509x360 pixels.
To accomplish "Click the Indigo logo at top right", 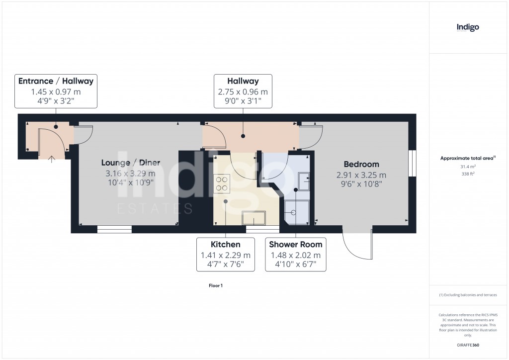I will click(468, 28).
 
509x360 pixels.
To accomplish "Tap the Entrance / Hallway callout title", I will click(56, 81).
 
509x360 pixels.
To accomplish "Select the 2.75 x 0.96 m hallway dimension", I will click(243, 92).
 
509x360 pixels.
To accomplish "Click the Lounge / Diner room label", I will click(131, 163).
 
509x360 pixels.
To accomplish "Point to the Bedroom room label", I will click(361, 164).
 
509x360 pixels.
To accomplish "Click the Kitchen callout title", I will click(226, 244).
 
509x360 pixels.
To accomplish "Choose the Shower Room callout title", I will click(296, 244).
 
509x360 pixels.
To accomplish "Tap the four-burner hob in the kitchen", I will click(222, 183).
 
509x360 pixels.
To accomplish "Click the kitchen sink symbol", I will click(254, 218).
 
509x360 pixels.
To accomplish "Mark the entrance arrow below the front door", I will click(52, 159).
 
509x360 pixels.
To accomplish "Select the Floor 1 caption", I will click(216, 286).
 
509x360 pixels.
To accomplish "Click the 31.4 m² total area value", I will click(467, 167).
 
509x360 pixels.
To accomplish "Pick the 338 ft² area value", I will click(467, 174).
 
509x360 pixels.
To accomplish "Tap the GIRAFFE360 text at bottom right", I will click(468, 345).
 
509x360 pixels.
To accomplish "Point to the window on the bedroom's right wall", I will click(412, 163).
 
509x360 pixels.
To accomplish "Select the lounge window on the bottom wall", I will click(114, 230).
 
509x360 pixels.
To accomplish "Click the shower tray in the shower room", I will click(297, 212).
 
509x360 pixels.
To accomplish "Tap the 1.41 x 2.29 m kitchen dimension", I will click(226, 255).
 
